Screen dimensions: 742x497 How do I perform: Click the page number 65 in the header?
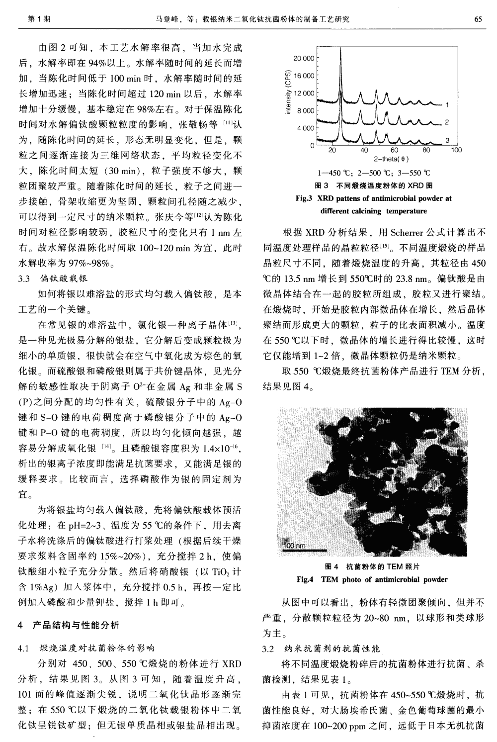coord(478,19)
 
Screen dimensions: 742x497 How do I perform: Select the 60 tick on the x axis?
coord(395,150)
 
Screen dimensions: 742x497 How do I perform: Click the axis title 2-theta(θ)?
coord(392,159)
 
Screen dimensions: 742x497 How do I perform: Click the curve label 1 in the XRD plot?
coord(447,105)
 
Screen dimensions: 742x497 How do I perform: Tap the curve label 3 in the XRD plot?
coord(447,139)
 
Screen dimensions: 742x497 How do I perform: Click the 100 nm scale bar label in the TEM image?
coord(294,546)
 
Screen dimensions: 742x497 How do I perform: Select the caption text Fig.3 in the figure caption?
coord(303,198)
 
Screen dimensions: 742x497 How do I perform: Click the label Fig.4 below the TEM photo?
coord(305,579)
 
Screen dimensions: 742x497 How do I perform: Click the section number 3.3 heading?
coord(24,279)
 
